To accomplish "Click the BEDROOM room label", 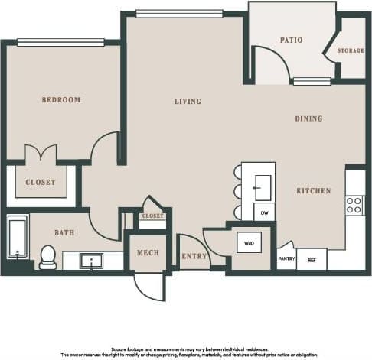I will [x=61, y=100].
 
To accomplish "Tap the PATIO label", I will [x=291, y=40].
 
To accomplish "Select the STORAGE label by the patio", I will [x=351, y=51].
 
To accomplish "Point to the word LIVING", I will [x=188, y=102].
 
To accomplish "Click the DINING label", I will [x=308, y=118].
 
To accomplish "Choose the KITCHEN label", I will [x=314, y=190].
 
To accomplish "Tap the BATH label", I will [x=64, y=232].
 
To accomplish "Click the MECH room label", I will [x=148, y=253].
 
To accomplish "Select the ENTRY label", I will [x=194, y=256].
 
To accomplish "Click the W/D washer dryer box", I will [x=249, y=243].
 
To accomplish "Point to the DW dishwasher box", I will [x=264, y=212].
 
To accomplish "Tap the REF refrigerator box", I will [x=312, y=260].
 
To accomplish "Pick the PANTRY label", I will [x=286, y=259].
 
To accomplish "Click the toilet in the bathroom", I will [x=47, y=257].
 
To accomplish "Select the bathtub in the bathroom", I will [x=17, y=238].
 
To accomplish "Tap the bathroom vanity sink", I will [x=93, y=261].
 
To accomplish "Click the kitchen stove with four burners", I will [x=354, y=204].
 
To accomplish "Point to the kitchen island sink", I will [x=263, y=183].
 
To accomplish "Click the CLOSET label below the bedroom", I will [x=40, y=183].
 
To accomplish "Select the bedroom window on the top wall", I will [x=60, y=43].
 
